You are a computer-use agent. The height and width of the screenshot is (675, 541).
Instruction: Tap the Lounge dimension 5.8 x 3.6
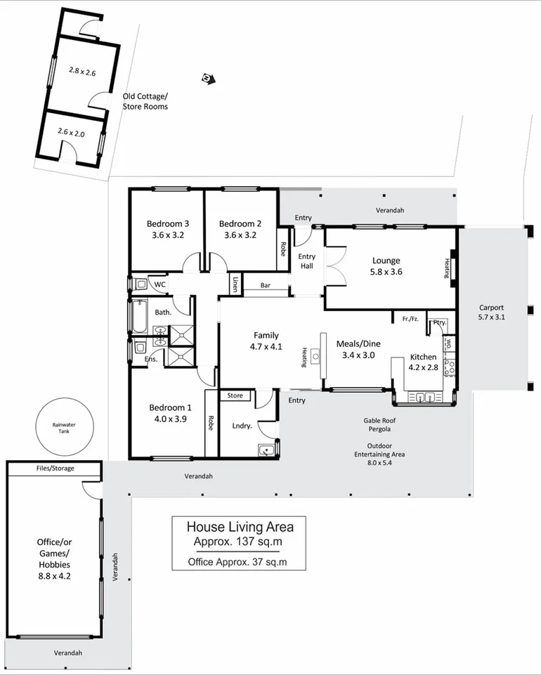(x=386, y=272)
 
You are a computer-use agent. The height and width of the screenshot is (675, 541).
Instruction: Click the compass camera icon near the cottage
(x=207, y=78)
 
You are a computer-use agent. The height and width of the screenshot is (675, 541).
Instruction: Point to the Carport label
(x=492, y=308)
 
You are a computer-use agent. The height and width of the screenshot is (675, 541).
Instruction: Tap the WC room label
(x=159, y=284)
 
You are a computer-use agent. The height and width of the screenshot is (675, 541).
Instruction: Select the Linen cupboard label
(x=235, y=284)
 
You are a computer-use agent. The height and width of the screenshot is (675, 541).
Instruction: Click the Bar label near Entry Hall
(x=266, y=286)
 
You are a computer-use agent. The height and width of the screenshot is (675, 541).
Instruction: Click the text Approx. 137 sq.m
(x=240, y=542)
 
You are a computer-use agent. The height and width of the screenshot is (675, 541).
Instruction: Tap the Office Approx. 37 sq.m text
(x=237, y=562)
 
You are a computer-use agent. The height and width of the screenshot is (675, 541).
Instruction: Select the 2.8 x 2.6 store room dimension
(x=82, y=70)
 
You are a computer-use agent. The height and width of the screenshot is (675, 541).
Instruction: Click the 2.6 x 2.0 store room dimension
(x=71, y=132)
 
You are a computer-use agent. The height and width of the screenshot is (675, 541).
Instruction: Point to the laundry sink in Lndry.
(x=266, y=450)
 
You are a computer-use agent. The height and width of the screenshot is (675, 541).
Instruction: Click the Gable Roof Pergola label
(x=377, y=424)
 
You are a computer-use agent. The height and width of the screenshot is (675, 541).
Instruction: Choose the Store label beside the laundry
(x=235, y=396)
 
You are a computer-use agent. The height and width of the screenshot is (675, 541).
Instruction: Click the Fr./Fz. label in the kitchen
(x=410, y=320)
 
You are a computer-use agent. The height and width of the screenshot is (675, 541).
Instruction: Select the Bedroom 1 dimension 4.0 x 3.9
(x=169, y=419)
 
